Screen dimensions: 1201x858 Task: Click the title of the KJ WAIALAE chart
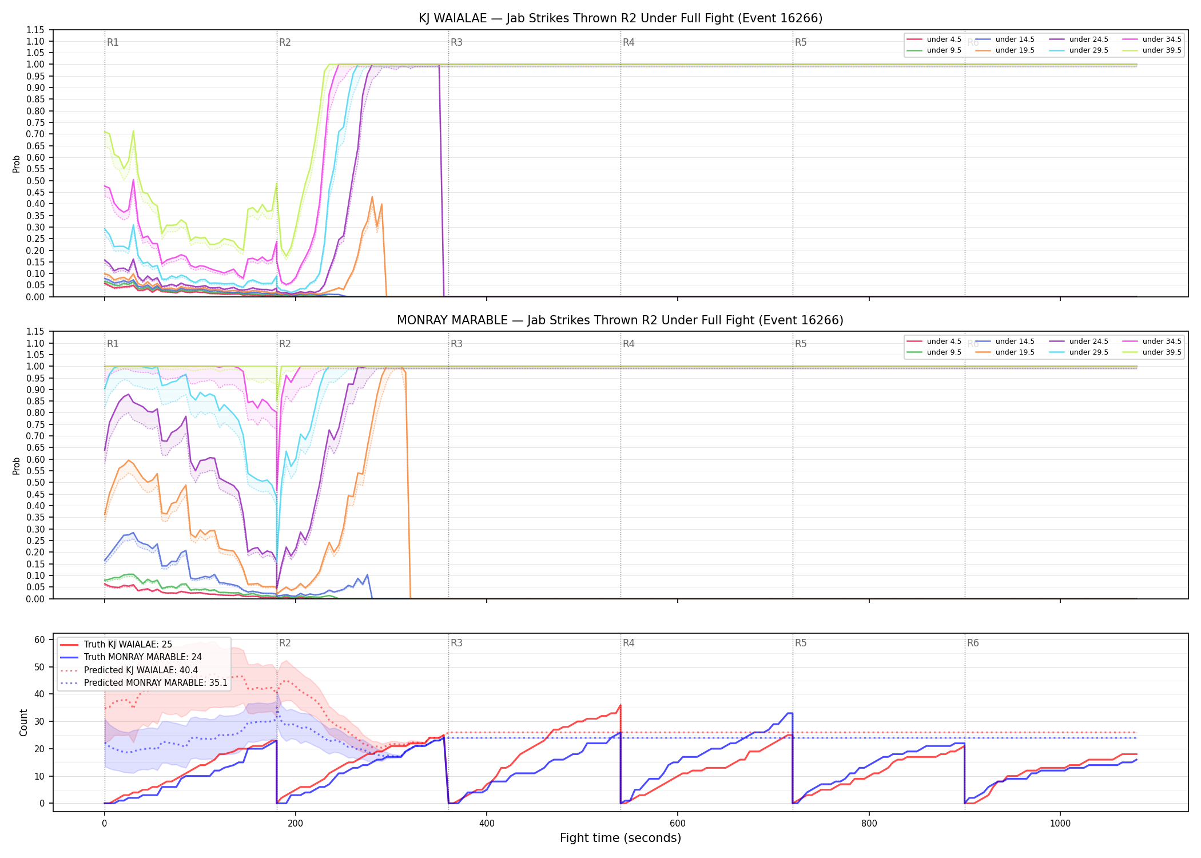click(x=621, y=18)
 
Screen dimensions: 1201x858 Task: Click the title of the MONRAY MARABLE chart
click(x=621, y=320)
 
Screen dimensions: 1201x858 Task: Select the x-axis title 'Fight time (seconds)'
click(x=621, y=838)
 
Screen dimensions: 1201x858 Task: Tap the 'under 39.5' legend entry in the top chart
click(x=1152, y=50)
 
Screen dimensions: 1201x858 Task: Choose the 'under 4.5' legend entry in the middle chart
click(x=934, y=341)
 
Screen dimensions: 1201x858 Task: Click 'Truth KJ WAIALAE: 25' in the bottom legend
click(x=116, y=645)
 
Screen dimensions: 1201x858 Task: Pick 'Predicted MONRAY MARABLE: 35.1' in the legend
click(x=144, y=683)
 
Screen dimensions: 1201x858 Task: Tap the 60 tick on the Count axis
click(x=39, y=639)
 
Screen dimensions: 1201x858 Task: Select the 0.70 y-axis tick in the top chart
click(x=35, y=134)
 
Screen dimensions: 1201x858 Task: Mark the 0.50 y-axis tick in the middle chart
click(x=35, y=482)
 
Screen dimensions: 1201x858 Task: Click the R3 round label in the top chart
click(x=456, y=42)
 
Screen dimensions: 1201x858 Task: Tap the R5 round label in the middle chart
click(x=801, y=344)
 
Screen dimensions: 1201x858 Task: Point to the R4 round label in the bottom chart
click(x=629, y=643)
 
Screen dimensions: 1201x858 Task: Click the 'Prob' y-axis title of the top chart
click(x=17, y=164)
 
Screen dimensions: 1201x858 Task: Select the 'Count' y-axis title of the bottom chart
click(x=23, y=722)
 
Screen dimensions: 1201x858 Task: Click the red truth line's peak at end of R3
click(x=621, y=705)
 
